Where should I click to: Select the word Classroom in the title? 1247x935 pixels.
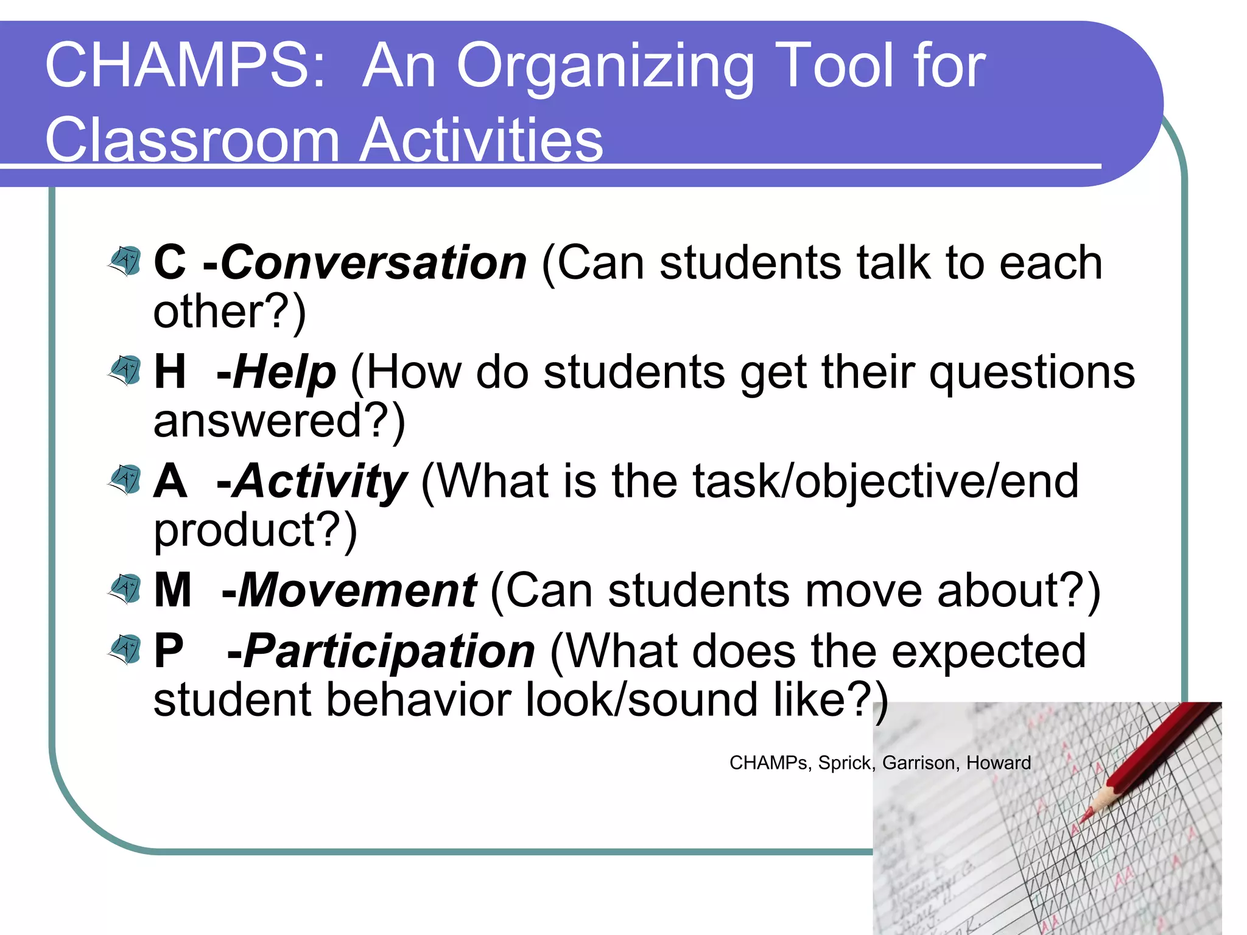tap(192, 140)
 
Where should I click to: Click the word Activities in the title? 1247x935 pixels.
tap(481, 140)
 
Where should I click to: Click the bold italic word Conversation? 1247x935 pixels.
tap(373, 263)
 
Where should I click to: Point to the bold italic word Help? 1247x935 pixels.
tap(284, 373)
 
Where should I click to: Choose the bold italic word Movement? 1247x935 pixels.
tap(357, 590)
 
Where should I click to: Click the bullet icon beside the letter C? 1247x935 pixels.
tap(126, 261)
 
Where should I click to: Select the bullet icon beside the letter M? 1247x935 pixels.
tap(126, 588)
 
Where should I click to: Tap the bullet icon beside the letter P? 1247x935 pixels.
tap(126, 649)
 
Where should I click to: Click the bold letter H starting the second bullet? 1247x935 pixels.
tap(169, 372)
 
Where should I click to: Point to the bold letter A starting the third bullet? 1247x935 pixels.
tap(170, 482)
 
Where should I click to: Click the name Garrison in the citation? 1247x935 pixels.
tap(919, 763)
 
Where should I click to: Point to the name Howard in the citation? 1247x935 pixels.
tap(999, 763)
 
